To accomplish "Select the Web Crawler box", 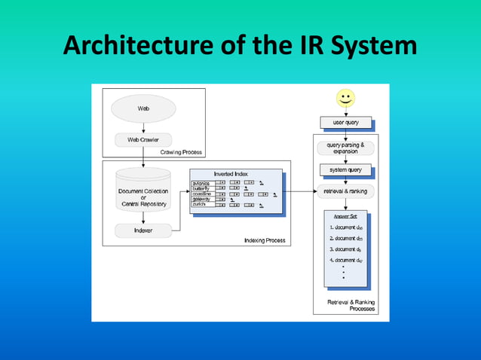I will tap(143, 139).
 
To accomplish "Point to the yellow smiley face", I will tap(345, 98).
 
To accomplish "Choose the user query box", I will tap(345, 121).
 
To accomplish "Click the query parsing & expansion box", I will tap(345, 148).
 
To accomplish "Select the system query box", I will tap(345, 169).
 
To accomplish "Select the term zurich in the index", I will tap(201, 204).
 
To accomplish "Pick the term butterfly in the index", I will tap(201, 188).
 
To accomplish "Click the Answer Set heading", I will tap(345, 216).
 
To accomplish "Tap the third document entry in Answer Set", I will tap(346, 249).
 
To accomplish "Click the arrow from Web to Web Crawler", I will tap(143, 128).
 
